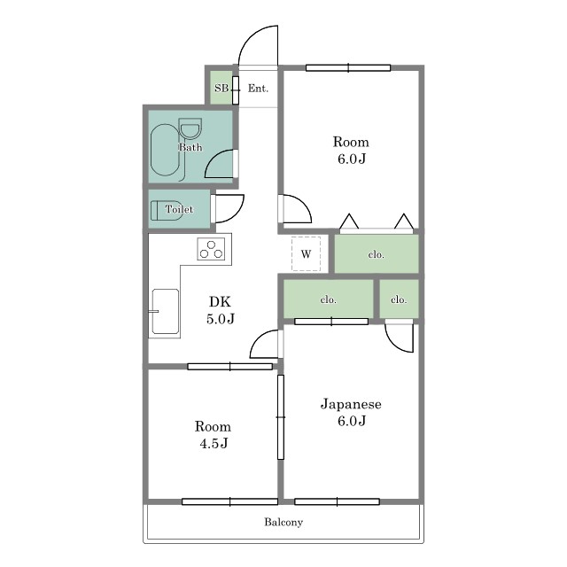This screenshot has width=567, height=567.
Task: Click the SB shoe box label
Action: click(221, 88)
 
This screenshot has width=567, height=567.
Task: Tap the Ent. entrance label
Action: click(258, 89)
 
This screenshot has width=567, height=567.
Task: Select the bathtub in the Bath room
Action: click(165, 150)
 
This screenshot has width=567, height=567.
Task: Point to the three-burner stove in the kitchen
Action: click(211, 249)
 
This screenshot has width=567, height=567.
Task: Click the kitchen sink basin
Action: click(166, 311)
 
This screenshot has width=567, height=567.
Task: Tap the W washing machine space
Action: click(306, 254)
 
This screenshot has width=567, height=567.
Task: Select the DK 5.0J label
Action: click(221, 310)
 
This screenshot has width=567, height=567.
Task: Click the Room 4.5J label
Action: click(213, 435)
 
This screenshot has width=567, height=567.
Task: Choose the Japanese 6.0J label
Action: click(351, 412)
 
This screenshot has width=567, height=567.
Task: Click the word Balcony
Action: click(283, 522)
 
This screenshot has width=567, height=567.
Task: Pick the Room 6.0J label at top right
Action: click(351, 150)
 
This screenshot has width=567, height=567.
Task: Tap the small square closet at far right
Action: click(399, 299)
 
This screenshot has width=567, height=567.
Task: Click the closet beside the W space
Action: click(377, 254)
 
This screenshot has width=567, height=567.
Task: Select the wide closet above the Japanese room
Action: click(328, 299)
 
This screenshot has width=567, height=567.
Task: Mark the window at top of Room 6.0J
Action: click(348, 67)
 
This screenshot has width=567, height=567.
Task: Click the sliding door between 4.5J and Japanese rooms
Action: click(281, 417)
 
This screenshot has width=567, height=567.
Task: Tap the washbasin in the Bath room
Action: click(190, 129)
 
